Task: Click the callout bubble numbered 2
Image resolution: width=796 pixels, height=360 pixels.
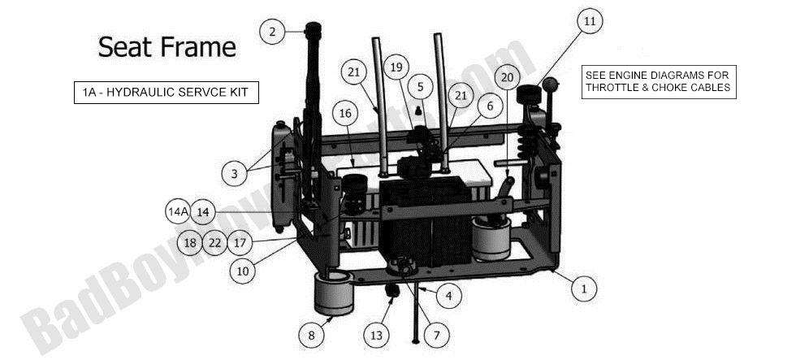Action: tap(272, 32)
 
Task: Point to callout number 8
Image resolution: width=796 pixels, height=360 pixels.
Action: tap(310, 334)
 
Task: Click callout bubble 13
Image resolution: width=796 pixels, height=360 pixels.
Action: tap(375, 334)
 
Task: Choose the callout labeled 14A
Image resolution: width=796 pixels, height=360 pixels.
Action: tap(178, 212)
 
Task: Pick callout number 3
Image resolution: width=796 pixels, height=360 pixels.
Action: tap(234, 172)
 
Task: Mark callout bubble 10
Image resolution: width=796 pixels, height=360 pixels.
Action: tap(241, 271)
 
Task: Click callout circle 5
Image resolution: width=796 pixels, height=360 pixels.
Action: tap(421, 85)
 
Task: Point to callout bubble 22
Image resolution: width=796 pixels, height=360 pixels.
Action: tap(214, 242)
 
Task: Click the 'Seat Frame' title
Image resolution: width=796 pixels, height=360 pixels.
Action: tap(167, 46)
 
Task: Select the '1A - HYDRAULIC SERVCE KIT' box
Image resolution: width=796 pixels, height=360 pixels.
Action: tap(166, 93)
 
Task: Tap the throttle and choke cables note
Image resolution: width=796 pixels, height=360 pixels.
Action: tap(658, 81)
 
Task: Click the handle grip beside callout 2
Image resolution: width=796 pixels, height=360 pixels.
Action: tap(313, 37)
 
